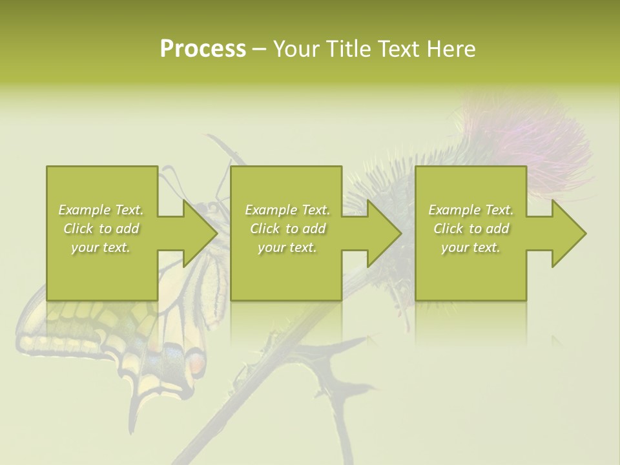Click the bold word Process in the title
click(x=203, y=49)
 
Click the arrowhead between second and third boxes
click(x=380, y=233)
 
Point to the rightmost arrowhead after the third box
click(x=565, y=233)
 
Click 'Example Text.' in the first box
click(x=101, y=209)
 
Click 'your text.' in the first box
click(x=101, y=247)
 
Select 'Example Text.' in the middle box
click(x=287, y=209)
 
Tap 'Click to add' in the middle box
click(x=287, y=229)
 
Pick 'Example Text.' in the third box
click(x=471, y=209)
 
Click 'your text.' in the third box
click(x=471, y=247)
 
